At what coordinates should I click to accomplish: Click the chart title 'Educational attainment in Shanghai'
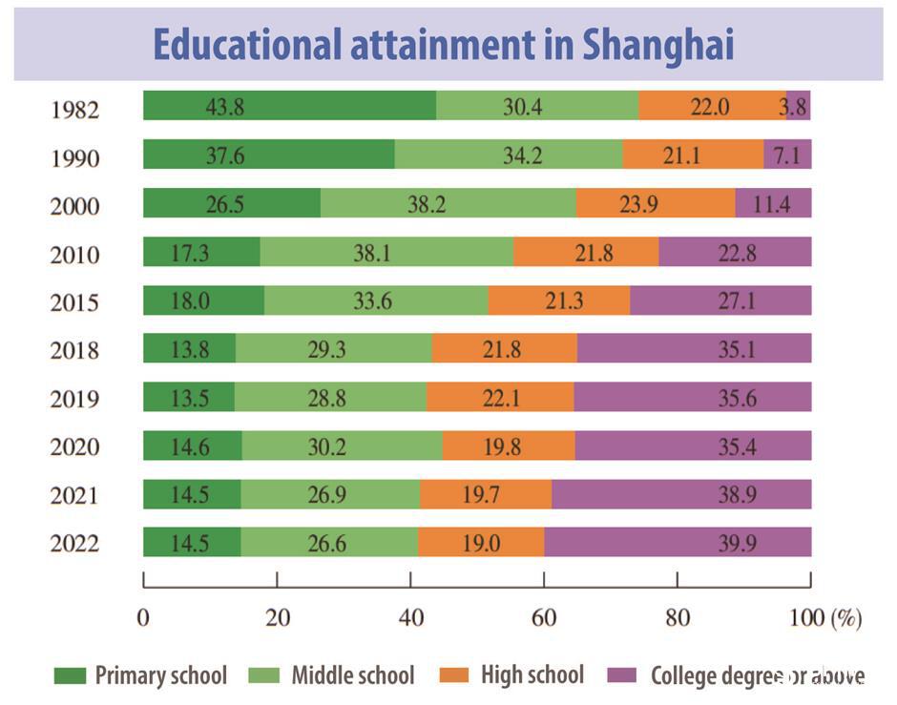[x=444, y=45]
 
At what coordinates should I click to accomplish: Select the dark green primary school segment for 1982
[x=289, y=106]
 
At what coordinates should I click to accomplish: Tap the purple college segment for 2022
[x=678, y=542]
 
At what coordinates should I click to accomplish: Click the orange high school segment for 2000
[x=655, y=203]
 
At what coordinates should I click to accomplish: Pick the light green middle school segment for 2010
[x=386, y=252]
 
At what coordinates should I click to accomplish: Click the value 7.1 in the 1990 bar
[x=787, y=155]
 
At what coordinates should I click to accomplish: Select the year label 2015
[x=74, y=302]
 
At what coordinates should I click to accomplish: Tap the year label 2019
[x=74, y=399]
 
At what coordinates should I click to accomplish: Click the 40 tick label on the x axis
[x=410, y=618]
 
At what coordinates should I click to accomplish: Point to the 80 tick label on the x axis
[x=678, y=618]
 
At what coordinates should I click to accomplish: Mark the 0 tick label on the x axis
[x=143, y=618]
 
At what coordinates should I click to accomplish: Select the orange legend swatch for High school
[x=455, y=676]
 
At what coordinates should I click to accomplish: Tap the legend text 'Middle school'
[x=353, y=676]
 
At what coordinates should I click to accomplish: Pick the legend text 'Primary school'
[x=160, y=676]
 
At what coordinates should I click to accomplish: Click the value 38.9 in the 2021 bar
[x=737, y=493]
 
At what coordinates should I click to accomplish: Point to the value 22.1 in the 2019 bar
[x=500, y=397]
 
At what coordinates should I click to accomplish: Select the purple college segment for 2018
[x=694, y=348]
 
